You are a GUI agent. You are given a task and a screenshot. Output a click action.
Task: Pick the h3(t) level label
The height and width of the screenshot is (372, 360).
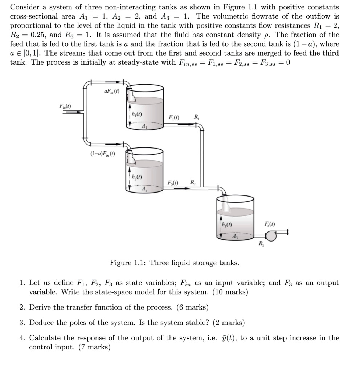click(226, 224)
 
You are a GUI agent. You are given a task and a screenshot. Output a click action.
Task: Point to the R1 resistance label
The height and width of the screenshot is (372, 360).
click(196, 117)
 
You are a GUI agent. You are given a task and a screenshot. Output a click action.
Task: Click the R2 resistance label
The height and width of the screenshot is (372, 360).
click(193, 182)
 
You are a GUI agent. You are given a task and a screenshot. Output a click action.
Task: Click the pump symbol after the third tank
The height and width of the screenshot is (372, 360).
click(270, 236)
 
